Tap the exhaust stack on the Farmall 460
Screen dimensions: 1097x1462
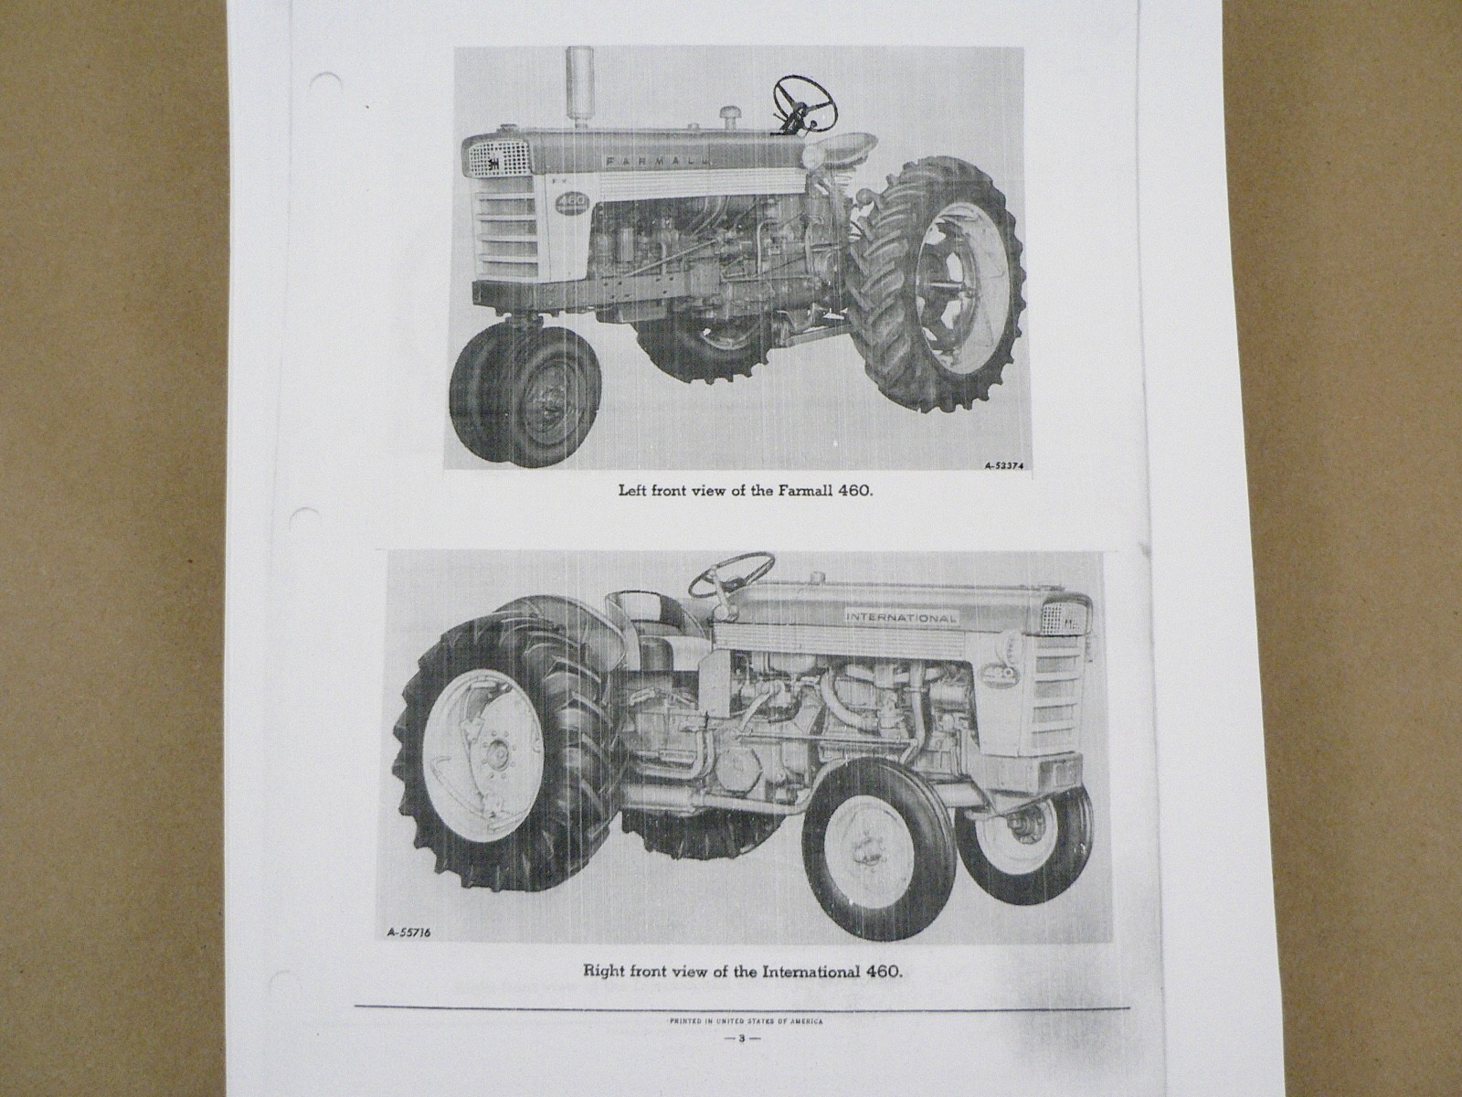pos(577,88)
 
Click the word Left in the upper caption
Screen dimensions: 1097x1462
pos(634,490)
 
